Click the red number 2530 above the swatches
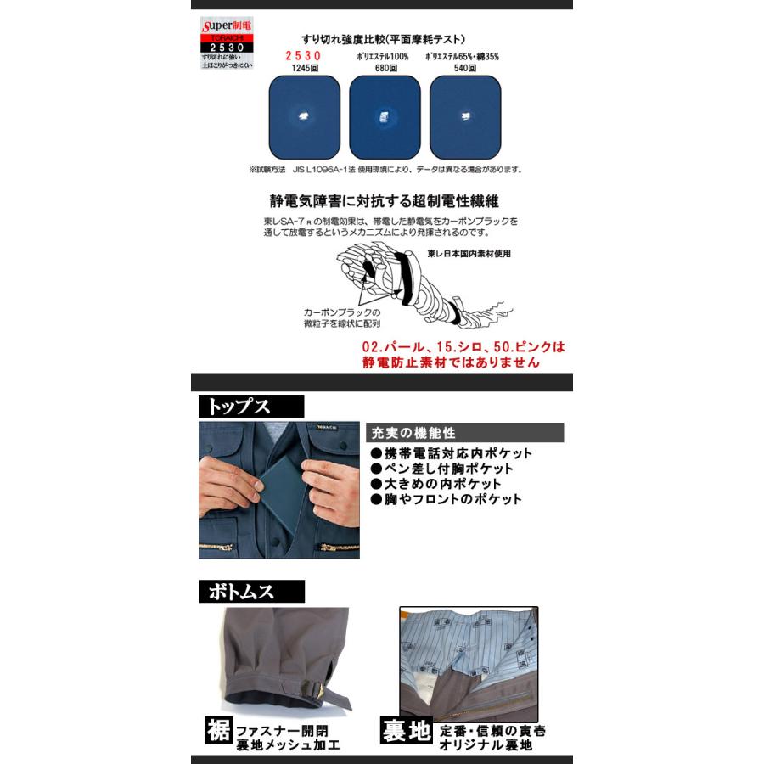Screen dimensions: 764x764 point(302,56)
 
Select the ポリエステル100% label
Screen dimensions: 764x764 point(383,56)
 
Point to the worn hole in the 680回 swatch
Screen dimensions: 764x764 point(383,115)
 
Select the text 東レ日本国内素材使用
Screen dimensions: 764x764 point(469,254)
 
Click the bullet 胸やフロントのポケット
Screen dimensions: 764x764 point(446,500)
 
